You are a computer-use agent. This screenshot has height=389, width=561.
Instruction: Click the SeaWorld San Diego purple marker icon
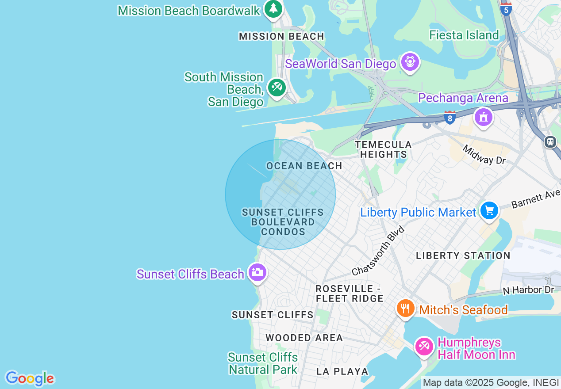410,62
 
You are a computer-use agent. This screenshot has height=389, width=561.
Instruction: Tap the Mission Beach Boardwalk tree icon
273,8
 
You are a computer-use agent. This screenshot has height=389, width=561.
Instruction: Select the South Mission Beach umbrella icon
277,87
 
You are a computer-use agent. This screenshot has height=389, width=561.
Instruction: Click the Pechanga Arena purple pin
483,117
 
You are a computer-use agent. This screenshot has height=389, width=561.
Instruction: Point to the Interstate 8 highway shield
450,118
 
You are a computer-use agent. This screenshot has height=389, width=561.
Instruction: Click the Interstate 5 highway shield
506,9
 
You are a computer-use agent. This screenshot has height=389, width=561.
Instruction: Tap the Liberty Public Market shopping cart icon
489,210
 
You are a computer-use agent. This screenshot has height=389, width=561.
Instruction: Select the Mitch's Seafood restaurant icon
405,308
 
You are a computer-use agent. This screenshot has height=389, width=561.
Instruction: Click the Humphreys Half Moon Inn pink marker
424,346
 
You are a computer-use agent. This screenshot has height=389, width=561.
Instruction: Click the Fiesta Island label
464,35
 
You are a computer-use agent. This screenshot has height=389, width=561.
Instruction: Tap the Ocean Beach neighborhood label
304,166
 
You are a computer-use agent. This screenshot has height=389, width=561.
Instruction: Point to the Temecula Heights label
383,149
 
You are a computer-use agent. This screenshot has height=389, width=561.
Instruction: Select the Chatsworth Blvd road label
379,251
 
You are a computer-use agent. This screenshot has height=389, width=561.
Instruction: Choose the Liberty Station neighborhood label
463,256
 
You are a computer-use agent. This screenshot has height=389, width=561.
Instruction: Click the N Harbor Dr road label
528,290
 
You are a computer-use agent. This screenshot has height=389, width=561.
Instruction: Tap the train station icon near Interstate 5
550,141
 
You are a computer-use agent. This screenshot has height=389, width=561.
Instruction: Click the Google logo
30,378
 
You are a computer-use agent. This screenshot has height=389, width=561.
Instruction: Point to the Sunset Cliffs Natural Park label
263,363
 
